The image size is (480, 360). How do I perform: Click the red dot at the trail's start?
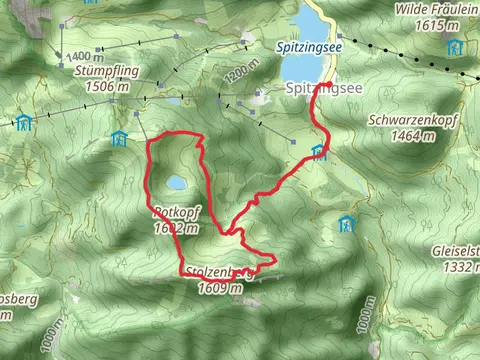(x=328, y=84)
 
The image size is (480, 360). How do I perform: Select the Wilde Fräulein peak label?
(x=436, y=8)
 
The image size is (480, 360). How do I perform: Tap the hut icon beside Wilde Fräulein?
(x=454, y=47)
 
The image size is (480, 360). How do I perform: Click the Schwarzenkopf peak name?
(x=414, y=118)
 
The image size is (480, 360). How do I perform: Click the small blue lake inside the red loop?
(x=176, y=183)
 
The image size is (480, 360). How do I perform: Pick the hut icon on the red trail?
(x=318, y=152)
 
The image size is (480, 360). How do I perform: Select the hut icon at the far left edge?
(x=22, y=122)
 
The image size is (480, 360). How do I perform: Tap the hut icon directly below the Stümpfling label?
(x=122, y=137)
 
